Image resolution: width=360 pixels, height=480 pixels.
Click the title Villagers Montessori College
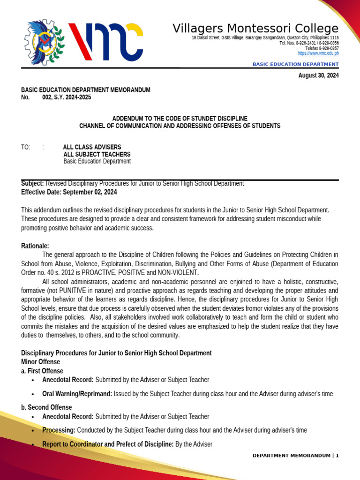click(255, 28)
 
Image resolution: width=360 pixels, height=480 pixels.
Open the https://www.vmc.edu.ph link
click(318, 53)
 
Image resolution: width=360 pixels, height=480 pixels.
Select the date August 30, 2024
click(318, 75)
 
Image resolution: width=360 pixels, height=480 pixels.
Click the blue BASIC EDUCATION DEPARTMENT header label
click(295, 64)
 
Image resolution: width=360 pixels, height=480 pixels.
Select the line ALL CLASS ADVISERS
click(92, 147)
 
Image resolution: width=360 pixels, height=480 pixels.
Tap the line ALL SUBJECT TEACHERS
click(97, 154)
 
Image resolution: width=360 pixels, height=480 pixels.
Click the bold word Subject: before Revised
click(33, 184)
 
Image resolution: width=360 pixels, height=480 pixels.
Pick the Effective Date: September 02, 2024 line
click(69, 192)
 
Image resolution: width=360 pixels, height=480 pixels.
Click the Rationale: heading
click(35, 246)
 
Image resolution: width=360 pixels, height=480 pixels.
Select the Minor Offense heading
click(41, 362)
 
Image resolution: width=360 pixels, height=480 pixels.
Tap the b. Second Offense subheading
click(46, 407)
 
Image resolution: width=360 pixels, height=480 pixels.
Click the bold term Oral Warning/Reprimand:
click(77, 394)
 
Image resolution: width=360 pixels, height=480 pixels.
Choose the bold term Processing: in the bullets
click(59, 430)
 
